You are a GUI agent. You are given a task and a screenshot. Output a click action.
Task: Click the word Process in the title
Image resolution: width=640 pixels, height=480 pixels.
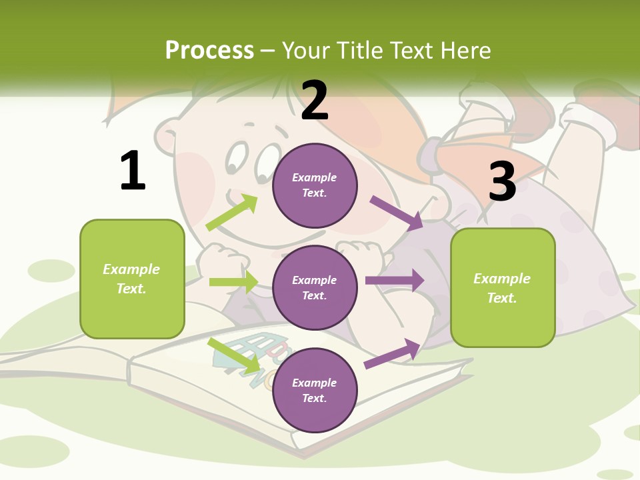point(209,51)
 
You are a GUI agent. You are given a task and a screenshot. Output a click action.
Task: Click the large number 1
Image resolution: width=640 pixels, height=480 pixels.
point(133,171)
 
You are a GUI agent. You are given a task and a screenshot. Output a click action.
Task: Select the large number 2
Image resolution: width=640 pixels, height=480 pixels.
point(315,101)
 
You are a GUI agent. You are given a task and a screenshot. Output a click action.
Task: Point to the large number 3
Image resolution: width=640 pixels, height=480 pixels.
point(503,181)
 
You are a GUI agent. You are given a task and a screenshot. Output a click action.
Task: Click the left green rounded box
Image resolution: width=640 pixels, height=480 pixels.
point(132,279)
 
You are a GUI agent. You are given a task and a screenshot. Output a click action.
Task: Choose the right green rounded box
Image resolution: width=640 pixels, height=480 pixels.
point(503,288)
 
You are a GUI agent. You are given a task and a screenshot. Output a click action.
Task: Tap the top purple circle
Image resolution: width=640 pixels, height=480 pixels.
point(315,185)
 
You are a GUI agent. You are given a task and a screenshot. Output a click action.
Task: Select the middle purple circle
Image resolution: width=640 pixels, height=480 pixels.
point(315,287)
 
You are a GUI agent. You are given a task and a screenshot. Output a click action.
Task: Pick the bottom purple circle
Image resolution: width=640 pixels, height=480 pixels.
point(315,390)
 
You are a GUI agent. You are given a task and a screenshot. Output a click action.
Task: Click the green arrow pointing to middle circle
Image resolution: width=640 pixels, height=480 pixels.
point(233,282)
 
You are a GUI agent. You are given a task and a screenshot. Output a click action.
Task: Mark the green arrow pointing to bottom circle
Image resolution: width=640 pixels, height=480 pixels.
point(234,355)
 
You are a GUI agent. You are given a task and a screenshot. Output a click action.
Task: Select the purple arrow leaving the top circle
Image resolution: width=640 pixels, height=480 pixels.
point(397,213)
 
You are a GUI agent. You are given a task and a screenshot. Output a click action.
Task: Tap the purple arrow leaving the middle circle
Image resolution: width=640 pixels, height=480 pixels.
point(395,281)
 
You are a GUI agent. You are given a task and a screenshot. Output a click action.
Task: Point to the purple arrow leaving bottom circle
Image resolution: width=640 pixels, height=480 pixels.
point(393,353)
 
